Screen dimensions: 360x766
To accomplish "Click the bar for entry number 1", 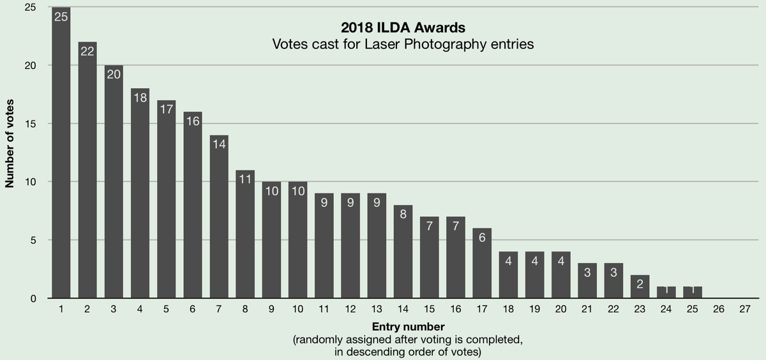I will tap(61, 153).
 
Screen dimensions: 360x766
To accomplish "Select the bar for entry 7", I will tap(219, 217).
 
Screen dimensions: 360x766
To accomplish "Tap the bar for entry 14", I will tap(403, 251).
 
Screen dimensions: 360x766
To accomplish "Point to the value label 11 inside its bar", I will tap(245, 179).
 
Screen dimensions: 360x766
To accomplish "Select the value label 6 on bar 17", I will tap(482, 237).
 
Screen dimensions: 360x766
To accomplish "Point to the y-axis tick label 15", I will tap(30, 124).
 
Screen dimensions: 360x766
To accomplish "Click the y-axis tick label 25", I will tap(30, 8).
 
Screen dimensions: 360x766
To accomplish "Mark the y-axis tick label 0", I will tap(33, 299).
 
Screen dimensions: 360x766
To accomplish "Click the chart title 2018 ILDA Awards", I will tap(403, 29).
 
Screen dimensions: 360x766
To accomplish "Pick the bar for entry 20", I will tap(560, 275).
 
